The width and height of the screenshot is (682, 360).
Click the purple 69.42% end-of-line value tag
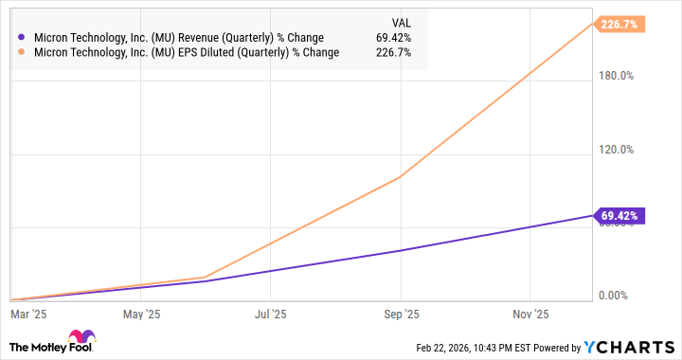(x=620, y=216)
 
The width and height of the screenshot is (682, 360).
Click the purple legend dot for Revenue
(x=22, y=38)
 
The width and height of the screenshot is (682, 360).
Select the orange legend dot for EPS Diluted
(x=22, y=53)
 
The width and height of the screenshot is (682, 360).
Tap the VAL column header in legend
(x=401, y=22)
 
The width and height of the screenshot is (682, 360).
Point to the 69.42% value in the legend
(x=393, y=38)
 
